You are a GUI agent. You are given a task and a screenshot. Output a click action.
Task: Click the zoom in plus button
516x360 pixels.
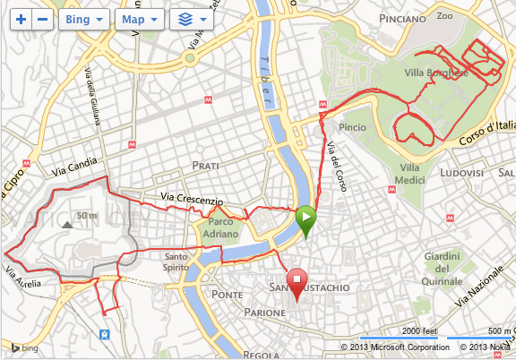(21, 18)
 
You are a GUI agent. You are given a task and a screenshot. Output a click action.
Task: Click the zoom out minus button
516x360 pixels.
(43, 18)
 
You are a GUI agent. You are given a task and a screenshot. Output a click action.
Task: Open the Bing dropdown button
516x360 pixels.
(84, 18)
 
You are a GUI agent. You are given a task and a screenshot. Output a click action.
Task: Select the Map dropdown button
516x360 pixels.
(141, 18)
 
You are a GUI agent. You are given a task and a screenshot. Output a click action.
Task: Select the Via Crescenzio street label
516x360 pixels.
(191, 198)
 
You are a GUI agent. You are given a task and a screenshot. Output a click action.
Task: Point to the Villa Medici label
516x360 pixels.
(409, 175)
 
